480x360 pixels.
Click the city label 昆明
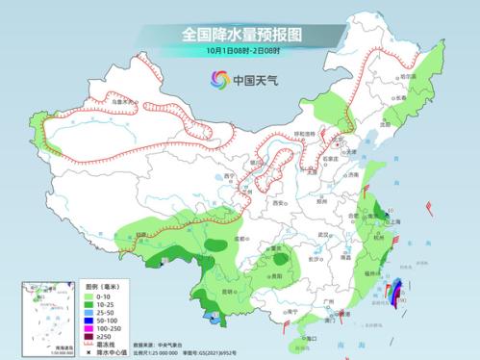coord(228,291)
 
